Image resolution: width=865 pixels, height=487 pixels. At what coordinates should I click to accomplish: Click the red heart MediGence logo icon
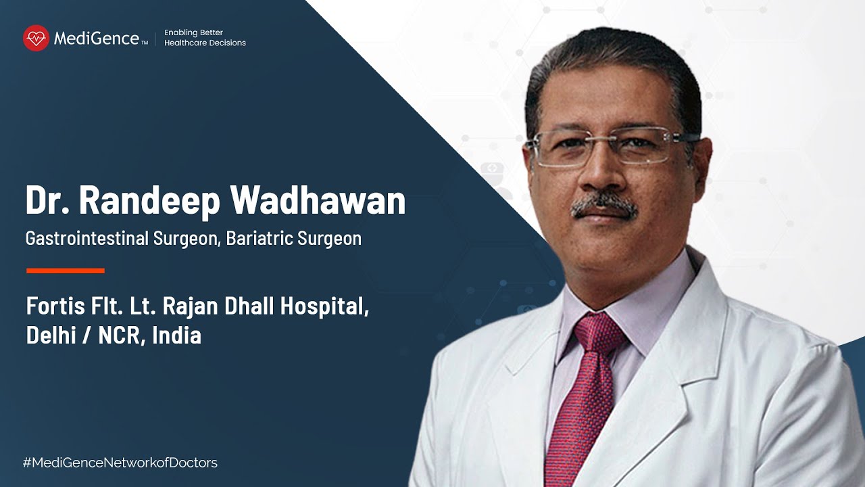tap(36, 38)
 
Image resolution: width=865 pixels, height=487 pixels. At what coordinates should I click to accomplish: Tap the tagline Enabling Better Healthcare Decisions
tap(205, 38)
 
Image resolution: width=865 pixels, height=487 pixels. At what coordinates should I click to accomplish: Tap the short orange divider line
tap(66, 271)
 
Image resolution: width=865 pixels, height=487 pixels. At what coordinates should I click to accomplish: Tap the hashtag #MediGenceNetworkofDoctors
tap(120, 463)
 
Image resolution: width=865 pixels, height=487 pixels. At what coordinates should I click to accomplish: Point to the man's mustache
tap(603, 206)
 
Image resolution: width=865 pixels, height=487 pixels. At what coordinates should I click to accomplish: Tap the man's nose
tap(598, 172)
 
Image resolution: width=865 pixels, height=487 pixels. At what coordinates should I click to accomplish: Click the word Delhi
tap(51, 335)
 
